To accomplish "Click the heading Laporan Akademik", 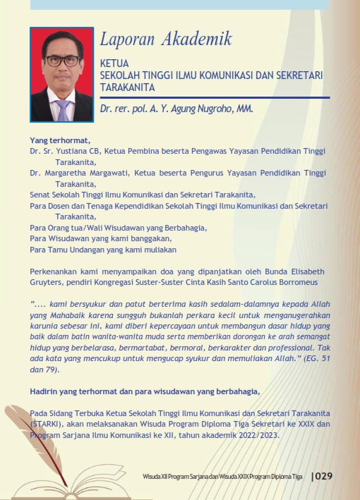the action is [166, 39].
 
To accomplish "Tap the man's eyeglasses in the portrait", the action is [62, 61].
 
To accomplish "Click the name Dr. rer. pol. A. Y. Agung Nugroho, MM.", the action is [176, 109].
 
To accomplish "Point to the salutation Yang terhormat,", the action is [60, 139].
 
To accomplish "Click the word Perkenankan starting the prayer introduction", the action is [54, 272].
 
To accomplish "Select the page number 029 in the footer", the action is [324, 476].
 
